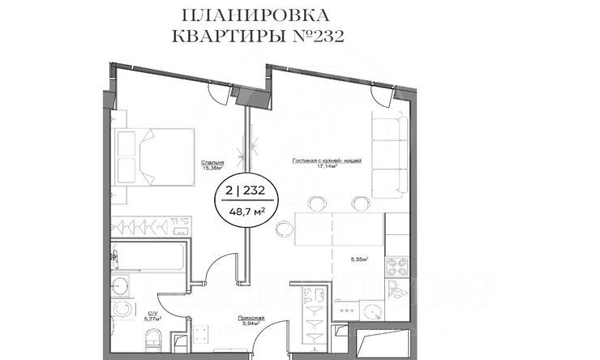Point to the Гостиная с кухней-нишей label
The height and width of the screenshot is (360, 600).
coord(327,161)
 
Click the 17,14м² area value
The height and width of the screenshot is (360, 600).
coord(327,168)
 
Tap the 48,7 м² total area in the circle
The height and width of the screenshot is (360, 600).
coord(249,212)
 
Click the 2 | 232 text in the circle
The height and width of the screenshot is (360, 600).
coord(249,193)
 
